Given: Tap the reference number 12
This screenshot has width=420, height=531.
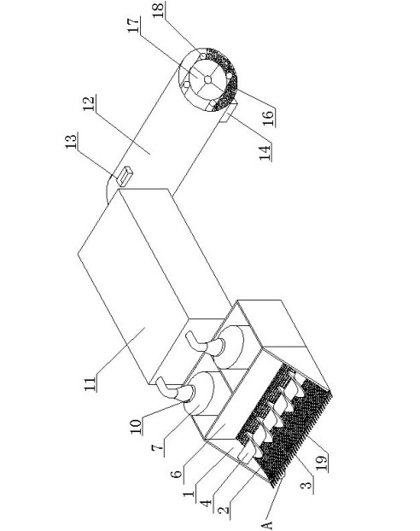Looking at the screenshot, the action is click(x=89, y=103).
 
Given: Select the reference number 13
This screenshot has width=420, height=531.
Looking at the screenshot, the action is click(x=71, y=140).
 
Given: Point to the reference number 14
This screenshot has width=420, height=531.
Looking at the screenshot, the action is click(x=265, y=153).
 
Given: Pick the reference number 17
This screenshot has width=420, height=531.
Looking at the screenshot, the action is click(x=133, y=25).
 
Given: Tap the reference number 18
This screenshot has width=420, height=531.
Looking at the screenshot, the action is click(x=159, y=9).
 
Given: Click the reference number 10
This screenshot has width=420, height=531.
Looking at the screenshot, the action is click(x=136, y=427).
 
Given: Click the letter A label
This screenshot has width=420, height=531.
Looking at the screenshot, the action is click(x=267, y=525).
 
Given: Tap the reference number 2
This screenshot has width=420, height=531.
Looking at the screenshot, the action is click(x=222, y=510).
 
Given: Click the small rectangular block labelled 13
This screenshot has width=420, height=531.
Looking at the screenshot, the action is click(x=125, y=176).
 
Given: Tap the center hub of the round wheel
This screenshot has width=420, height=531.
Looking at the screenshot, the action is click(x=208, y=79).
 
